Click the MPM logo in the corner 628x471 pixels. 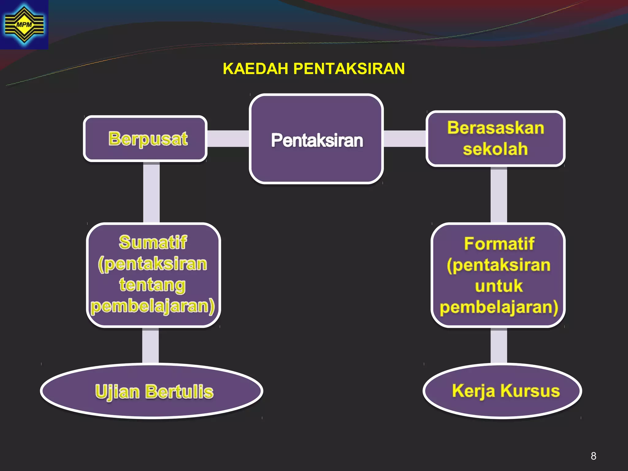[24, 25]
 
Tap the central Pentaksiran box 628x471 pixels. [316, 140]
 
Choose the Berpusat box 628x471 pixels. [145, 139]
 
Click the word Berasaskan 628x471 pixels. [496, 128]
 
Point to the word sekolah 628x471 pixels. [496, 149]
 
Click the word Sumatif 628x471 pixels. [153, 242]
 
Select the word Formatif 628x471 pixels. [499, 244]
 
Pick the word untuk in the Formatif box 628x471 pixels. [499, 286]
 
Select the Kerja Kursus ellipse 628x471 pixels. [502, 391]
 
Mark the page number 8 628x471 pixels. [593, 456]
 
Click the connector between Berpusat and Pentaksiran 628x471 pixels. [228, 139]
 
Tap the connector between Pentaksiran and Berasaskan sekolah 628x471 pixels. [405, 139]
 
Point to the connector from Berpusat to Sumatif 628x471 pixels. [151, 193]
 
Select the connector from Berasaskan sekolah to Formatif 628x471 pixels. [499, 195]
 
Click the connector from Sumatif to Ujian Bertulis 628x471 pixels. [151, 345]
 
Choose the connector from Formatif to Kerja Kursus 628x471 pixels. [499, 345]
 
